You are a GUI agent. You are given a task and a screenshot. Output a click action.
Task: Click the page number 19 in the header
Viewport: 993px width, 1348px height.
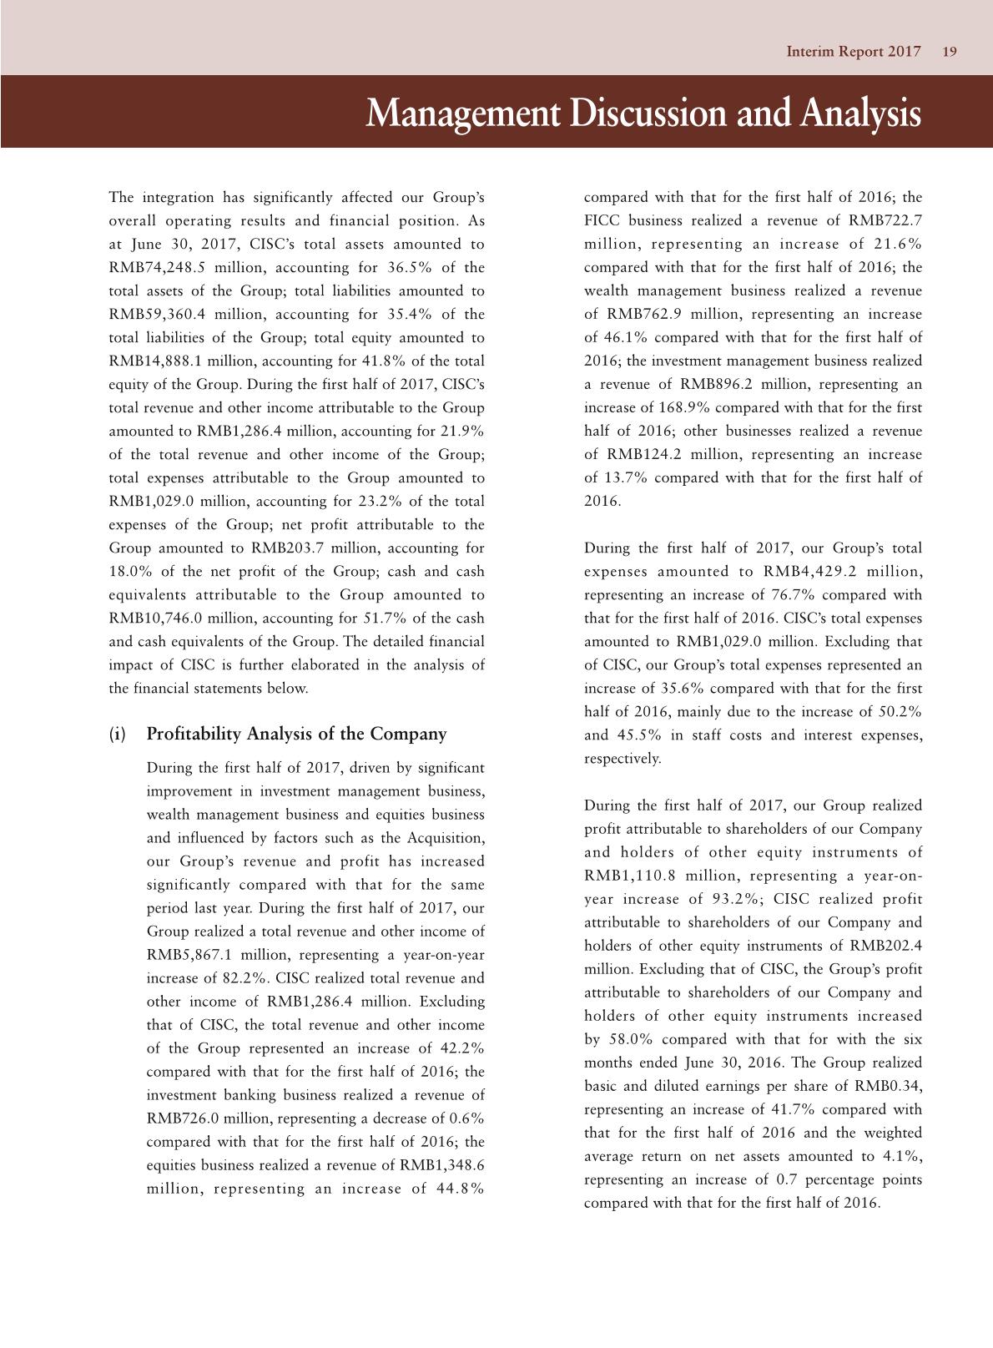coord(949,52)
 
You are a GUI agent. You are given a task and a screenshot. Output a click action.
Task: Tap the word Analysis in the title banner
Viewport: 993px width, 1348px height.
coord(859,114)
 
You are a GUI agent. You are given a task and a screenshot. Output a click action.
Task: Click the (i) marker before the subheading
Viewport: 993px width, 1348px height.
coord(118,735)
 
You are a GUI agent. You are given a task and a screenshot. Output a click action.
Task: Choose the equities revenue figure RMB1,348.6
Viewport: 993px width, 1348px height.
coord(445,1165)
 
